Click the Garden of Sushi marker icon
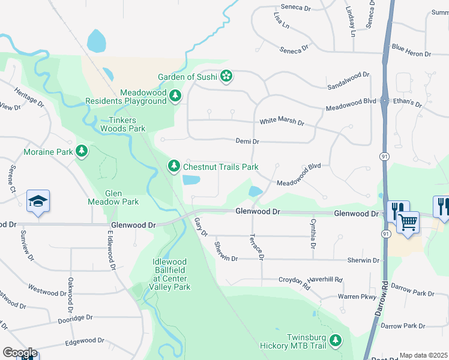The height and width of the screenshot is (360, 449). tap(226, 76)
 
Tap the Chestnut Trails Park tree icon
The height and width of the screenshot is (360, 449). tap(173, 166)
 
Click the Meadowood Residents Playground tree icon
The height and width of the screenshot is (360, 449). tap(175, 96)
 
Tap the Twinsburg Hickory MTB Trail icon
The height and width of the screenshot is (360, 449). tap(337, 341)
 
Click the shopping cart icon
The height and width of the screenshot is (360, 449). tap(408, 223)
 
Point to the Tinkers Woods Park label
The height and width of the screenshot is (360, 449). tap(122, 124)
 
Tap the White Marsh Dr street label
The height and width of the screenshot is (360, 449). tap(282, 122)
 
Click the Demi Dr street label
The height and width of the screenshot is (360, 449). tap(247, 142)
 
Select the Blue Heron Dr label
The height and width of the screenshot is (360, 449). tap(411, 50)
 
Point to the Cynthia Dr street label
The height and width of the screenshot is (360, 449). tap(313, 234)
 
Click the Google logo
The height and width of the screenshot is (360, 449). tap(19, 353)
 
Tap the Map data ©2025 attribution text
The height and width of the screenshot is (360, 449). tap(423, 355)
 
